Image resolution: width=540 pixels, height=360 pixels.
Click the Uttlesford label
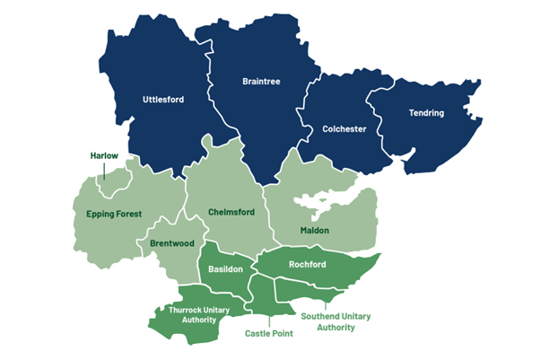163,100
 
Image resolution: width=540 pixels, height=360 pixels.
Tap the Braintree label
261,82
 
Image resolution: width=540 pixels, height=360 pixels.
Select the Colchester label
344,129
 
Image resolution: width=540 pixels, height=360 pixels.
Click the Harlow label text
104,155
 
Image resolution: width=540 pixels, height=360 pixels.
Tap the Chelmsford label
231,212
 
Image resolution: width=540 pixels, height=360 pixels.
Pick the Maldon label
314,231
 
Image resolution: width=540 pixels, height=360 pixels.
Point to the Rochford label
307,265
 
